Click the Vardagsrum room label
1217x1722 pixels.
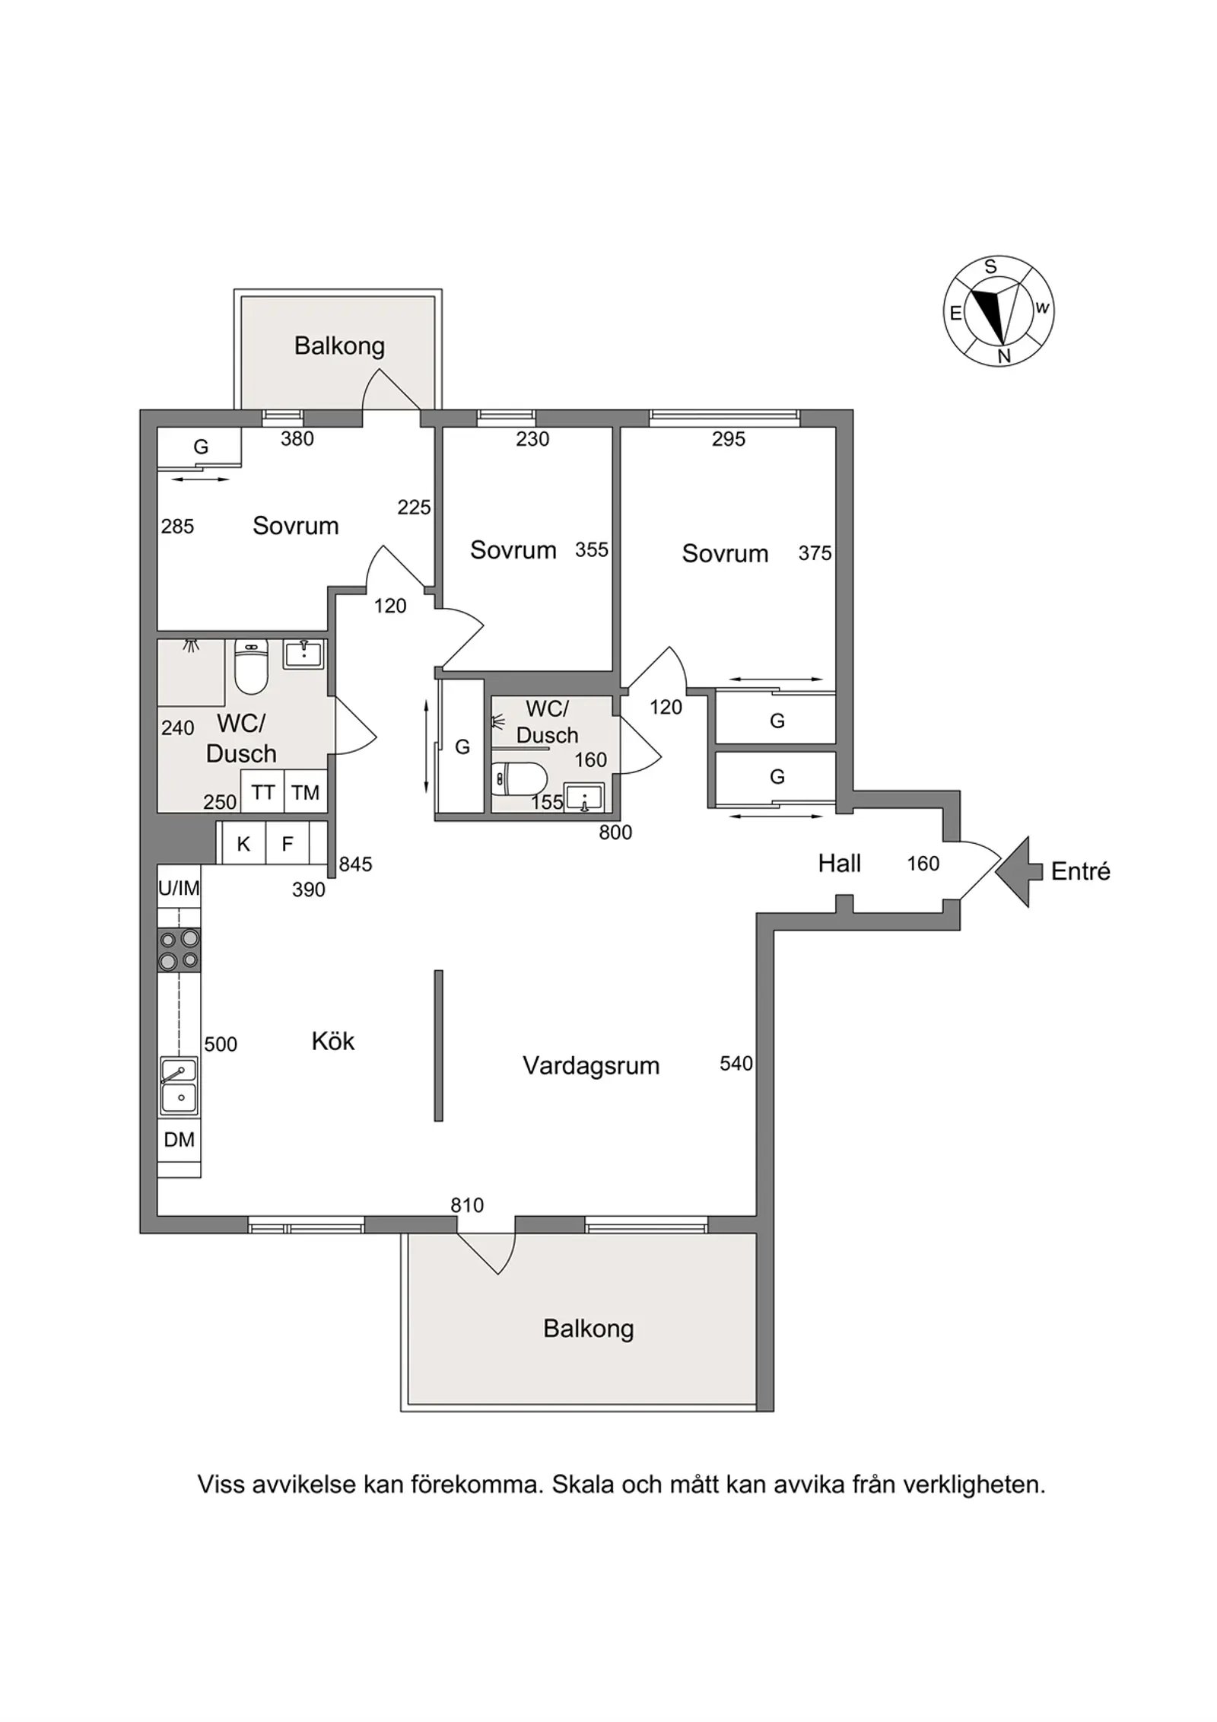[x=591, y=1066]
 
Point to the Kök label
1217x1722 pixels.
[x=333, y=1041]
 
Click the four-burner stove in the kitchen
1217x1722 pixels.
[x=180, y=950]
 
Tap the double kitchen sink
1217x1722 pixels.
[x=180, y=1087]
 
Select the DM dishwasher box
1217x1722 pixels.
[x=180, y=1139]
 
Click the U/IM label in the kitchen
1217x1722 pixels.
[x=179, y=888]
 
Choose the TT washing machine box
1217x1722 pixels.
[x=262, y=792]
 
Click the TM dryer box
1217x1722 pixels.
[x=306, y=792]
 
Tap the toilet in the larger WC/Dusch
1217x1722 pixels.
[x=251, y=666]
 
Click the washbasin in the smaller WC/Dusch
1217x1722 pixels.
[x=584, y=797]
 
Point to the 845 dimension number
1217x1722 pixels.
[x=355, y=864]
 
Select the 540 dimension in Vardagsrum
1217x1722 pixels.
[x=736, y=1063]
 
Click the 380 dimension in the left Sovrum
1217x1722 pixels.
[x=297, y=438]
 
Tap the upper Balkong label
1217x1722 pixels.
[x=339, y=346]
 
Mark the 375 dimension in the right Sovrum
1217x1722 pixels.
[x=815, y=553]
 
